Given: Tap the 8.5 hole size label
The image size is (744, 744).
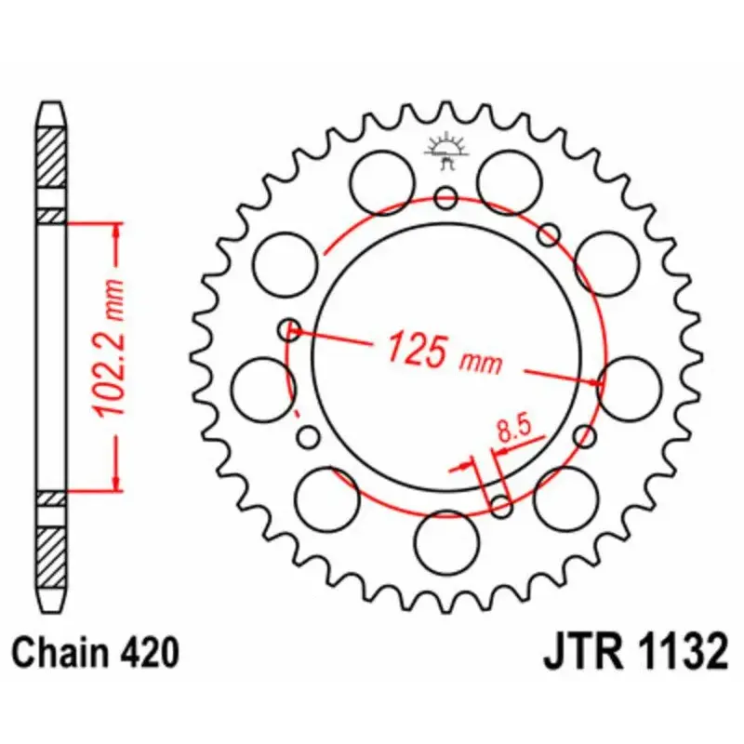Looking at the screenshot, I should [x=512, y=430].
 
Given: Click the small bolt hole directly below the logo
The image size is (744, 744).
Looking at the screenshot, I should [x=446, y=197].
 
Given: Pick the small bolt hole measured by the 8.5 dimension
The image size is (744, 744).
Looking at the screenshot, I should [x=501, y=506].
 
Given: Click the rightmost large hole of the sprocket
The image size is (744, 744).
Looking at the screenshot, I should [x=631, y=387].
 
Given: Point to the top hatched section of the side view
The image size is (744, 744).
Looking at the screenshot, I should [x=52, y=154].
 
